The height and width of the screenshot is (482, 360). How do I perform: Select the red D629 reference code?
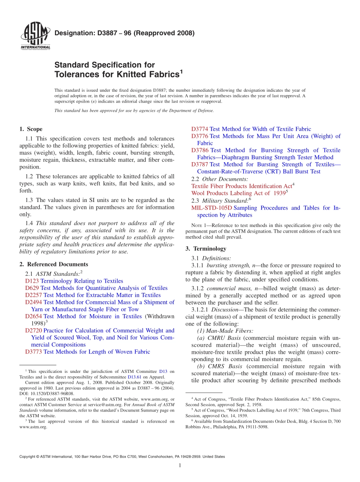32,288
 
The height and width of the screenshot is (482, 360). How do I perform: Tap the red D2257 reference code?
33,295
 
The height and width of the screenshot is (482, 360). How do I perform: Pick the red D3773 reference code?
33,352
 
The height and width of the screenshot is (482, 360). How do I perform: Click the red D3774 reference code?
200,129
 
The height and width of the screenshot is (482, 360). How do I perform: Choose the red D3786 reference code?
200,150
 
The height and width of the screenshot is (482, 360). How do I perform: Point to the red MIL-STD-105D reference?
211,208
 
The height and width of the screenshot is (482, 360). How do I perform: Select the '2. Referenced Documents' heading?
53,264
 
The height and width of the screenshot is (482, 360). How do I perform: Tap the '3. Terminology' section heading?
206,249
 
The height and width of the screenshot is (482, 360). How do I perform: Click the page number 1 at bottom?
180,466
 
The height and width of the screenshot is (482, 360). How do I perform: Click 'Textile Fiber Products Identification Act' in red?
241,186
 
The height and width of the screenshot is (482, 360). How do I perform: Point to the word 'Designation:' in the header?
70,33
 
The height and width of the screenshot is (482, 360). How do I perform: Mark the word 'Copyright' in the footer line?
28,457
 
